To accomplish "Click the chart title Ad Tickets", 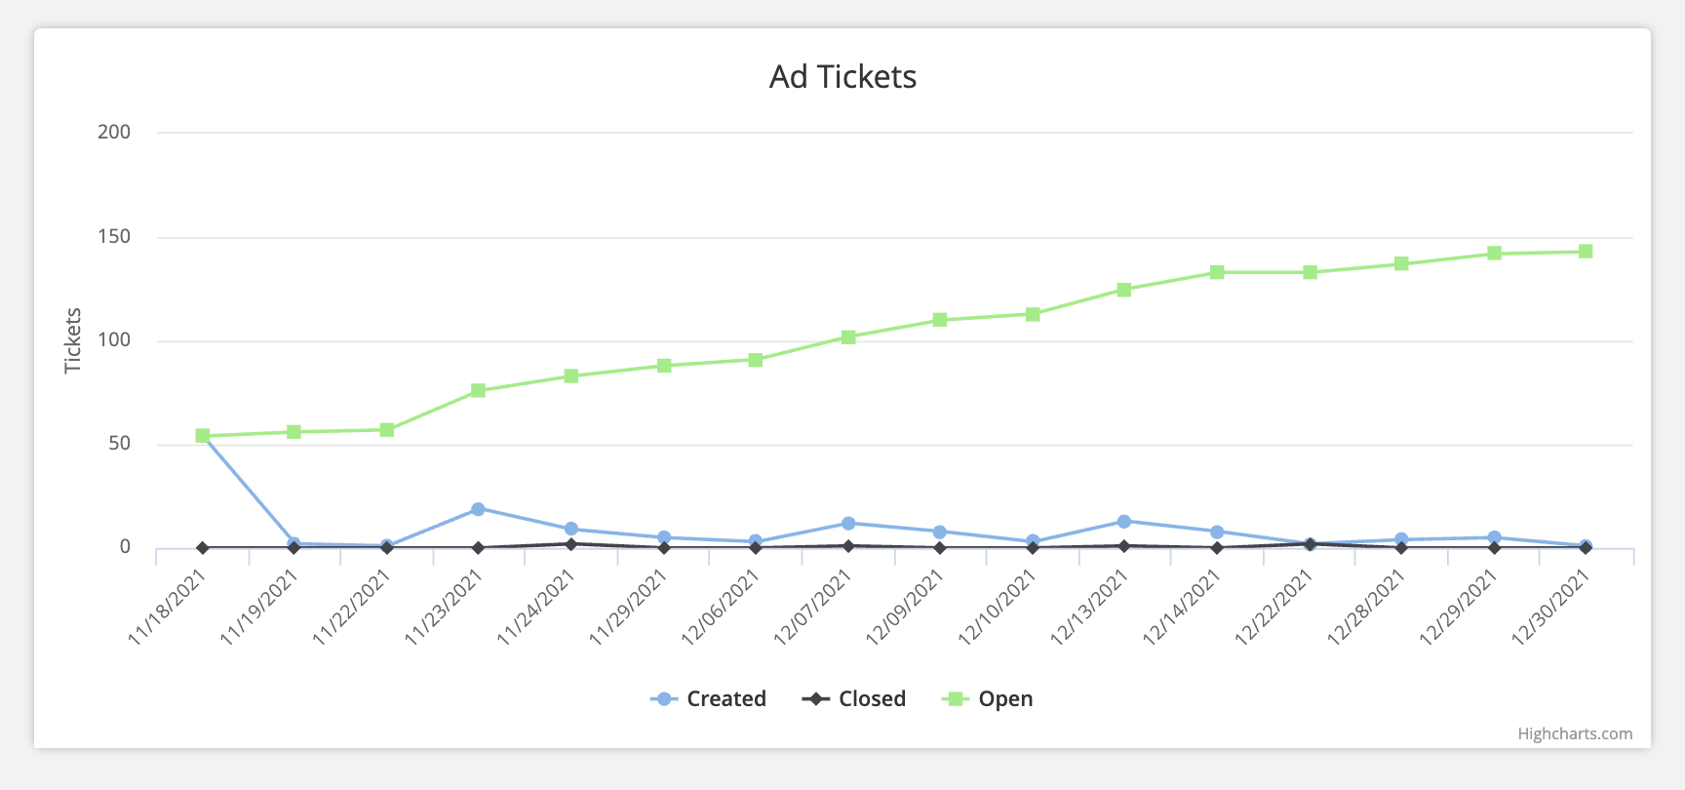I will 842,77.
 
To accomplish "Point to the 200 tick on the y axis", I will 114,133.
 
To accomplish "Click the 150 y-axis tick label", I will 114,237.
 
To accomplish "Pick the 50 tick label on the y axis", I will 119,444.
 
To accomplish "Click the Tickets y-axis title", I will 73,340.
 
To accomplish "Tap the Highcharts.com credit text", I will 1574,734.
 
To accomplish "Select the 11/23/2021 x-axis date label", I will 445,607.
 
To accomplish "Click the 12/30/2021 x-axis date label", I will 1551,607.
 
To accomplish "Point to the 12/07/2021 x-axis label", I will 813,607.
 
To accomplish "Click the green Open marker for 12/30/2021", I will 1586,252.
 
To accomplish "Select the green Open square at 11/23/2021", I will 478,390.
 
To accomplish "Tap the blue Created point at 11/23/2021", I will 478,509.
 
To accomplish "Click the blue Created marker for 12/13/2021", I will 1124,522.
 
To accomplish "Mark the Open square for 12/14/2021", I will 1217,272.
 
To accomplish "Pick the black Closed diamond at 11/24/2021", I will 570,544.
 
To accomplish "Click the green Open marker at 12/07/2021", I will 848,337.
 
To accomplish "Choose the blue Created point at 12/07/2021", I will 848,524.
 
